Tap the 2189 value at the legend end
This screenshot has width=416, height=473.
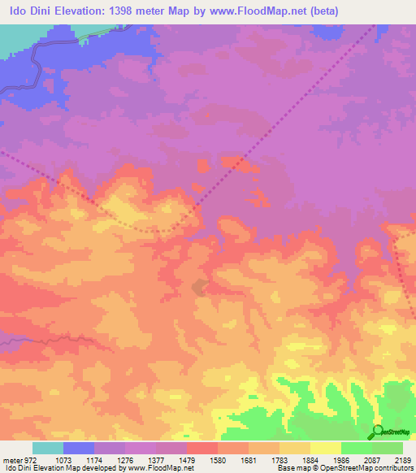pyautogui.click(x=401, y=459)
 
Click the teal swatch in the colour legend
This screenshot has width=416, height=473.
pyautogui.click(x=48, y=448)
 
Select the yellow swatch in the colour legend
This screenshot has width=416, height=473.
pyautogui.click(x=326, y=448)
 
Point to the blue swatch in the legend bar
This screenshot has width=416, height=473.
pyautogui.click(x=79, y=448)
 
